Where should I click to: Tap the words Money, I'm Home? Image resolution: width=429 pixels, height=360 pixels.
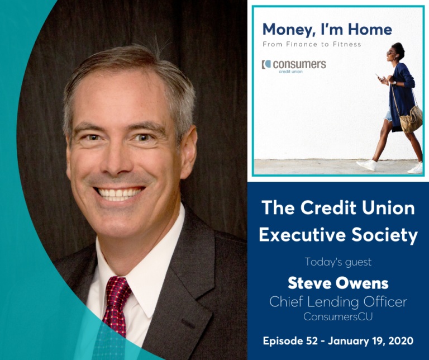click(x=327, y=29)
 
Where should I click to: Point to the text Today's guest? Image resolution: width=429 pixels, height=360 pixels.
click(x=338, y=261)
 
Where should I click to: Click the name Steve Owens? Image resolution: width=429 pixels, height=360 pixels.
click(x=338, y=283)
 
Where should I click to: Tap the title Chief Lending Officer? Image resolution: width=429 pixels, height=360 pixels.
click(x=338, y=302)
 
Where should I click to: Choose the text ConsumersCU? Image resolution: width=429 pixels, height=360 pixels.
click(x=338, y=317)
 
